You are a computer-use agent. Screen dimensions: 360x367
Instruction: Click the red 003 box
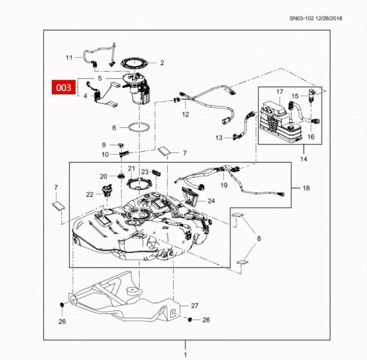pyautogui.click(x=62, y=88)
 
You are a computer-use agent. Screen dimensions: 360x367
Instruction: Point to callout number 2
pyautogui.click(x=162, y=62)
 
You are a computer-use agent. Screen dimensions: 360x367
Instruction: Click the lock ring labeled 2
pyautogui.click(x=135, y=62)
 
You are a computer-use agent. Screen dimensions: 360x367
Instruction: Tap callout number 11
pyautogui.click(x=69, y=58)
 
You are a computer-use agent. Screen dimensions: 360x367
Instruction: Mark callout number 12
pyautogui.click(x=185, y=114)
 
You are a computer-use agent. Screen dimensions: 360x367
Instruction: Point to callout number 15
pyautogui.click(x=295, y=96)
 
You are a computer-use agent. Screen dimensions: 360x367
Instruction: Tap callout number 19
pyautogui.click(x=224, y=184)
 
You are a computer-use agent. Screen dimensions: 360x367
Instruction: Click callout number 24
pyautogui.click(x=211, y=200)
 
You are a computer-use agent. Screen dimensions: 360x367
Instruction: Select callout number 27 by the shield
pyautogui.click(x=195, y=305)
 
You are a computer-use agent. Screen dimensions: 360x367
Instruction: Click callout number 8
pyautogui.click(x=259, y=239)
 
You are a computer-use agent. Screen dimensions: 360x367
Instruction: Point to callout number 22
pyautogui.click(x=90, y=194)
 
